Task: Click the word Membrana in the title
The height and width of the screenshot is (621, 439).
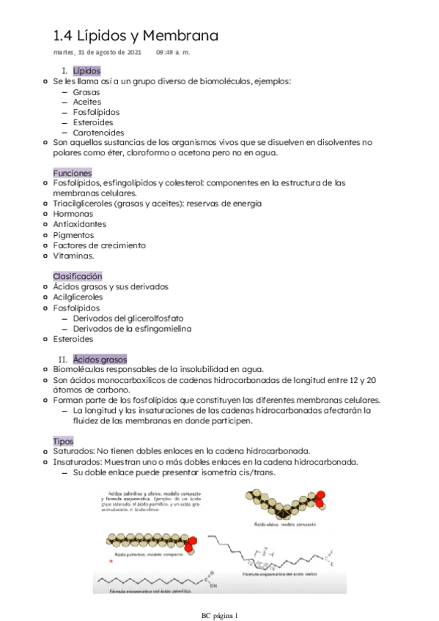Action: (x=180, y=36)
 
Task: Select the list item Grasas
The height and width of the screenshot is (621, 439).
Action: (x=87, y=92)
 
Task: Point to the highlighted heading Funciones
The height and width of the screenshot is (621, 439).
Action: (x=73, y=173)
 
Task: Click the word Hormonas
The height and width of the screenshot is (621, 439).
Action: (x=73, y=214)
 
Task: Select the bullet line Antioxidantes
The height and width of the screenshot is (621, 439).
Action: (x=79, y=224)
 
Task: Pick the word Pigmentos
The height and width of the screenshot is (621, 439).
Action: (x=73, y=235)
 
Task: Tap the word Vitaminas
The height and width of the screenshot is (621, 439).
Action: (x=73, y=256)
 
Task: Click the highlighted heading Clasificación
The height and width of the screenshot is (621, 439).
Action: (x=77, y=275)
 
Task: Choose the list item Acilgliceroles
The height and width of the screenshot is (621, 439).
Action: (x=78, y=297)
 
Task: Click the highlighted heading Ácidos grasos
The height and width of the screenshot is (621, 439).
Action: (x=99, y=360)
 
